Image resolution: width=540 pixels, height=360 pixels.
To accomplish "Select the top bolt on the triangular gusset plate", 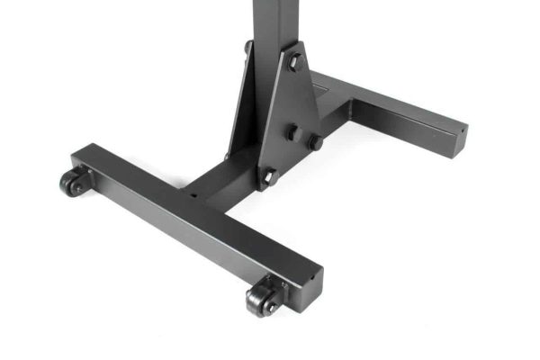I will pos(294,62).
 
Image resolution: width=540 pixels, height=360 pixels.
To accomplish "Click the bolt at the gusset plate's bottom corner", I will pos(267,175).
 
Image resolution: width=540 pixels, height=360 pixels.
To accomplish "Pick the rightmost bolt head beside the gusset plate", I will pos(316,142).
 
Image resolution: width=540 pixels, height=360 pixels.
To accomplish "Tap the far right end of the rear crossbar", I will pos(458,133).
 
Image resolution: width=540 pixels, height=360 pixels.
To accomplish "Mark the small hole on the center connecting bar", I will pos(191,191).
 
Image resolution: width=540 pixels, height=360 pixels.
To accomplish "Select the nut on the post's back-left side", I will pos(248,47).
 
